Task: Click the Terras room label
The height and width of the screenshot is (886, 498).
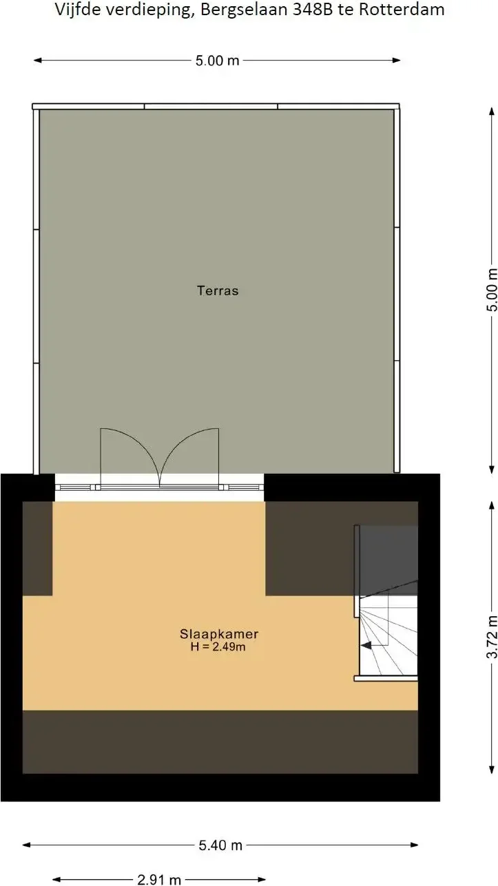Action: click(218, 291)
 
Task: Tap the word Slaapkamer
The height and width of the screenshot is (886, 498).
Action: click(219, 633)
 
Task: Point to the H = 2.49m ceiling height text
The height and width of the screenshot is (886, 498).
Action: click(218, 646)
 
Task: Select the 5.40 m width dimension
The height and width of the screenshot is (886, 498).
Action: click(220, 845)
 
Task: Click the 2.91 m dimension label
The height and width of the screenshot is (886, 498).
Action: click(159, 880)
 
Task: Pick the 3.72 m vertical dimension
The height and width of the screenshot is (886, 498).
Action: click(492, 637)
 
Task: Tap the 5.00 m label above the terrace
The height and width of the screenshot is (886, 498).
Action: click(218, 61)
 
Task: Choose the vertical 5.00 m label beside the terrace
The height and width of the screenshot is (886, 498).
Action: click(492, 290)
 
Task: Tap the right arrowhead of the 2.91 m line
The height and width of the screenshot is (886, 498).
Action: click(262, 880)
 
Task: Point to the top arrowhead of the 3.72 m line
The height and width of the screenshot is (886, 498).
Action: click(492, 506)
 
